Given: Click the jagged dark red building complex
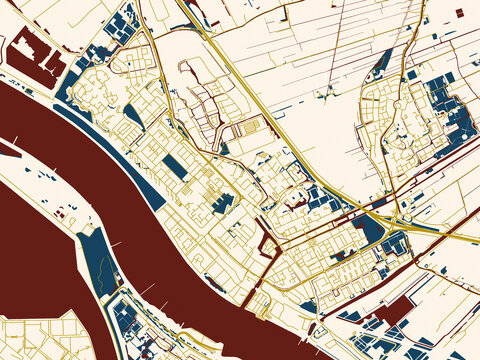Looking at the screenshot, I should pos(37,58).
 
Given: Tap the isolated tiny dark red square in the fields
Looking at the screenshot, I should pos(459,12).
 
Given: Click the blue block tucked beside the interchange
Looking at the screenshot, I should pos(370,230).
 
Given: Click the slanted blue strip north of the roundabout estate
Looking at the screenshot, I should pos(381,64).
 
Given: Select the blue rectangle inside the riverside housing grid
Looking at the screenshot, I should pos(174,167).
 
